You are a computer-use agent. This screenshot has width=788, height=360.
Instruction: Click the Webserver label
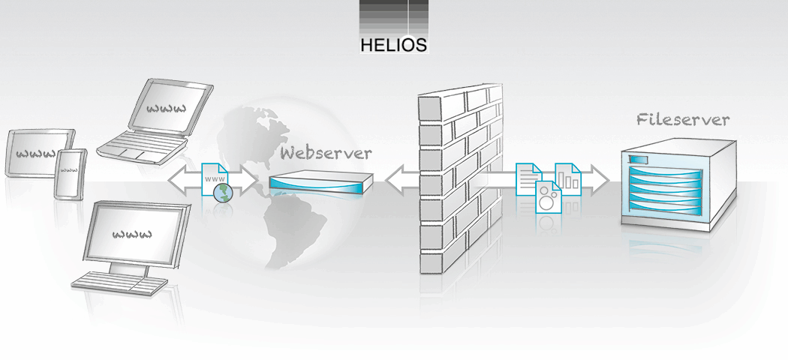[326, 154]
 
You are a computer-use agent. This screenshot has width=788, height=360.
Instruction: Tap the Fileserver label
[682, 119]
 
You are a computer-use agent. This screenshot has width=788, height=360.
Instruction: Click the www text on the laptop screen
[166, 109]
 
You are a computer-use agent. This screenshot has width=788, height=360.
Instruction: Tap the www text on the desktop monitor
[133, 233]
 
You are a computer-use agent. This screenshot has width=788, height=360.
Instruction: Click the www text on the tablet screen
[36, 154]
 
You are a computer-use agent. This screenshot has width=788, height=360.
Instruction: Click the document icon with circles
[549, 199]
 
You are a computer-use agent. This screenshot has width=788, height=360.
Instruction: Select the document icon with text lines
[529, 178]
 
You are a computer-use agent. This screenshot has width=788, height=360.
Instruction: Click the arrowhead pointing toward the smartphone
[176, 181]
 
